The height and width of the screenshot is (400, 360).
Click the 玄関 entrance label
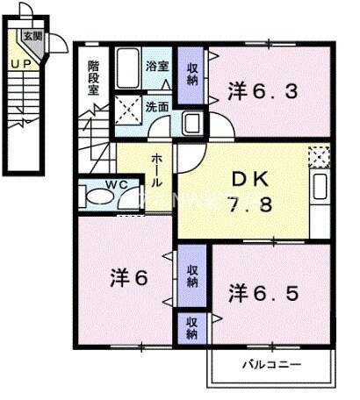32,36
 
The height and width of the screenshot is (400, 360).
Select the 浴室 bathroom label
157,66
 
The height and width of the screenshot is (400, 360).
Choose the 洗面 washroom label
157,106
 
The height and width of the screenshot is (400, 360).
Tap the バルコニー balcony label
270,362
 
